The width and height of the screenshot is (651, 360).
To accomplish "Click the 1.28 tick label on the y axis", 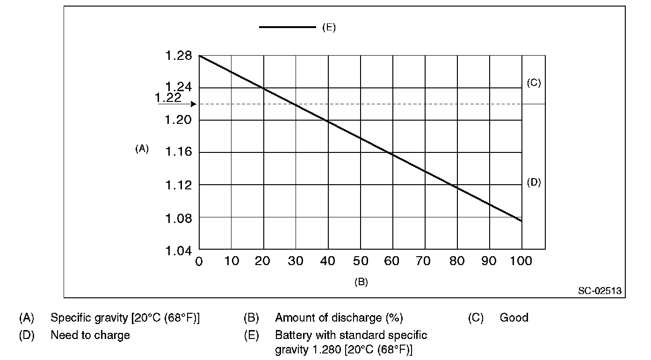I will tap(178, 56).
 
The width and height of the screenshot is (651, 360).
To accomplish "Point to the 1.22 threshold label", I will tap(168, 97).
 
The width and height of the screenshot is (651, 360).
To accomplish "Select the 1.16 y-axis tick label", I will tap(178, 152).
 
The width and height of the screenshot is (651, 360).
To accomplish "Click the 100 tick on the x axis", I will tap(521, 261).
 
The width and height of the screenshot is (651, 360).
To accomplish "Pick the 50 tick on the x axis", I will tap(360, 261).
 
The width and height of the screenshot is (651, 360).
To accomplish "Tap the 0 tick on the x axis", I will tap(199, 261).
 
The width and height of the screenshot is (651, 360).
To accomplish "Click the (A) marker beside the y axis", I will tap(142, 149).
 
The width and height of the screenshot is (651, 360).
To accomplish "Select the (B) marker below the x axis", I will tap(361, 281).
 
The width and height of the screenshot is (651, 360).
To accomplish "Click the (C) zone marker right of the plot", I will tap(534, 83).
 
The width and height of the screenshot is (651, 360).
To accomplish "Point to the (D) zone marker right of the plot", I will tap(534, 182).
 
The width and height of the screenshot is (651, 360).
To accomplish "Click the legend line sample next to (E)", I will tap(288, 27).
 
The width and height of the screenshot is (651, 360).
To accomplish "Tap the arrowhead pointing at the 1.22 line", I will tap(193, 104).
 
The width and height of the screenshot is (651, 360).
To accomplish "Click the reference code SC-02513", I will tap(600, 291).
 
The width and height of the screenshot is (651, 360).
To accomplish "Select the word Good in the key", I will tap(514, 318).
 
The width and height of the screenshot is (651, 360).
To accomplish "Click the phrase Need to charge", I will tap(90, 335).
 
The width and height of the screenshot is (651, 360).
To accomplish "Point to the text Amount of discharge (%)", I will tap(339, 318).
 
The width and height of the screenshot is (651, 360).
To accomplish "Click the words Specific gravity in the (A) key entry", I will tap(88, 318).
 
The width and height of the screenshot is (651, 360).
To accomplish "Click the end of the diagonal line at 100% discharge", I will tap(521, 221).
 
